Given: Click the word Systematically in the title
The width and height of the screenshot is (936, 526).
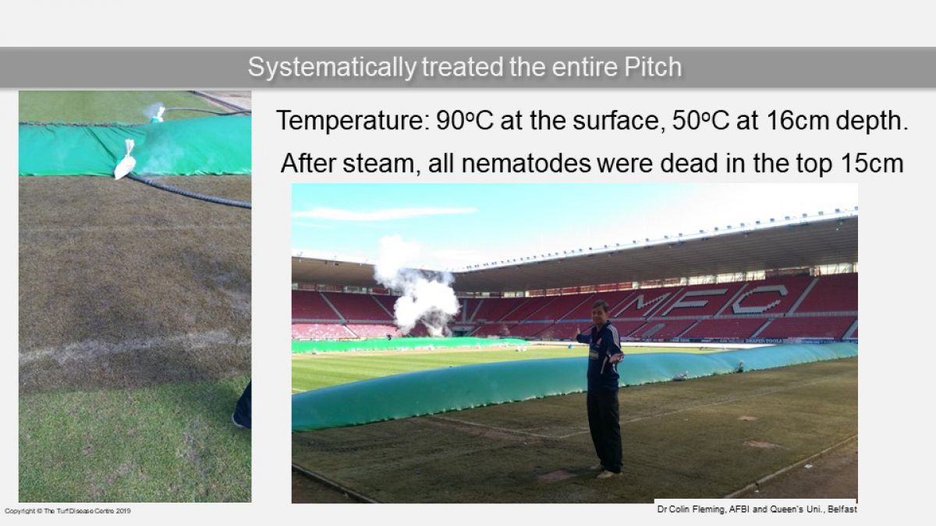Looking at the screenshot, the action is click(331, 67).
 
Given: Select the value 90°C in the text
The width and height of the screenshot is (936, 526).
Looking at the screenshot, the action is click(465, 121).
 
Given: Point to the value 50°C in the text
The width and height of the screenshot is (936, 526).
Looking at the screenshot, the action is click(700, 121).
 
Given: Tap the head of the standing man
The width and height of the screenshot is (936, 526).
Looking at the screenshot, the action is click(601, 310).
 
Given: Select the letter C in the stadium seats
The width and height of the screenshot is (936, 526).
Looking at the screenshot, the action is click(759, 299).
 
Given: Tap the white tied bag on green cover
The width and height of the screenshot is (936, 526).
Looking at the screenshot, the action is click(125, 161).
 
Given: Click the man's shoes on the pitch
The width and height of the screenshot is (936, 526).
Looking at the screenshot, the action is click(606, 471).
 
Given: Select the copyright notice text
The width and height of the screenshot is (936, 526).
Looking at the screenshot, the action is click(68, 511).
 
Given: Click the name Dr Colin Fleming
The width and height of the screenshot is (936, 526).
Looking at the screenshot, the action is click(690, 510).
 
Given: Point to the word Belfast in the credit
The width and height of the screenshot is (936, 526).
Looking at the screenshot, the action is click(842, 510).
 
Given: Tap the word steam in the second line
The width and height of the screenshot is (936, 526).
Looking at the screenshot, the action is click(378, 164).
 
